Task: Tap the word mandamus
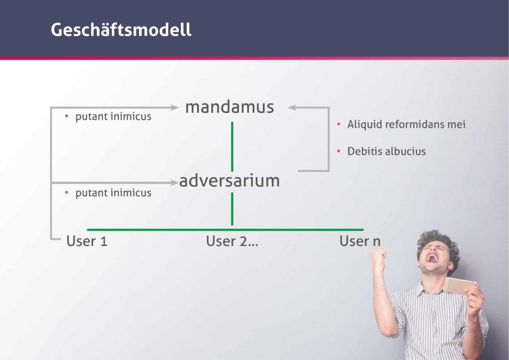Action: click(x=230, y=107)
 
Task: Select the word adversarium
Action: click(x=230, y=180)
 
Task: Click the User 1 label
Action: click(x=86, y=241)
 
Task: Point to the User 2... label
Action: click(x=232, y=241)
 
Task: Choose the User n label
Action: click(x=360, y=241)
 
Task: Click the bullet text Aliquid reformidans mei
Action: click(x=406, y=124)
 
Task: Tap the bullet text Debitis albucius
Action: click(x=386, y=151)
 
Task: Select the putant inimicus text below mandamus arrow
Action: click(x=113, y=116)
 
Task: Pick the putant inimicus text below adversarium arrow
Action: click(x=113, y=193)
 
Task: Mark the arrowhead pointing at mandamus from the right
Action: click(x=292, y=107)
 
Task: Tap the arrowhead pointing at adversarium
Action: click(x=174, y=183)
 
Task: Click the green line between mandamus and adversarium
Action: click(x=232, y=147)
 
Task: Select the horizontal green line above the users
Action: click(x=225, y=230)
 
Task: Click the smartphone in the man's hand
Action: click(x=460, y=285)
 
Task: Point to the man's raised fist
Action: click(x=378, y=259)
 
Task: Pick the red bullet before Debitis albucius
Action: click(x=339, y=151)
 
